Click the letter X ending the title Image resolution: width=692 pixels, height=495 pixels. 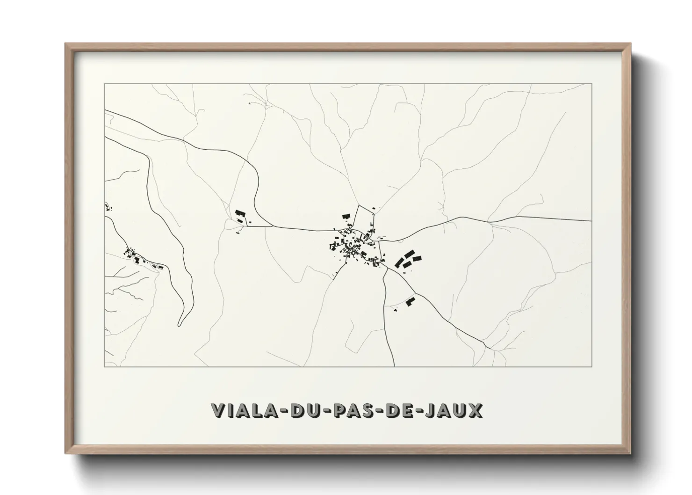point(476,410)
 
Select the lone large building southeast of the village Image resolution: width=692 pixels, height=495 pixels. point(411,302)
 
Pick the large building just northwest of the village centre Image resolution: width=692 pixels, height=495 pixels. point(346,216)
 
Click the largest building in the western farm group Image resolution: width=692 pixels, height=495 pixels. point(240,213)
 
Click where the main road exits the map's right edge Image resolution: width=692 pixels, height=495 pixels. point(591,221)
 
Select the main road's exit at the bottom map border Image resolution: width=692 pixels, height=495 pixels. point(396,366)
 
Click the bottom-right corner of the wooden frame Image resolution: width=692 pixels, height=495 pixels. point(630,453)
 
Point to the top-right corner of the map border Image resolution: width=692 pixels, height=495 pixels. point(592,84)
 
